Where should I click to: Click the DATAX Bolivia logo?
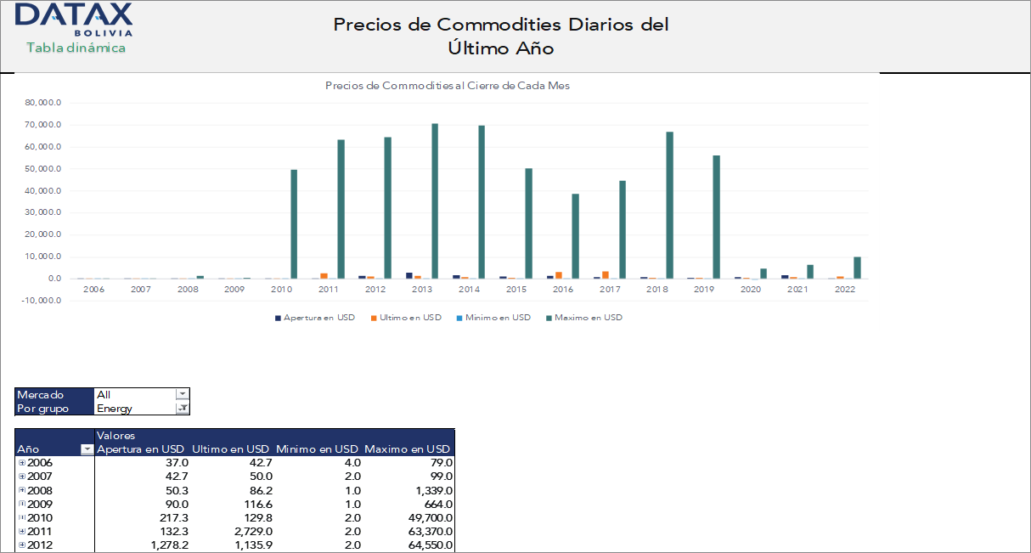[x=74, y=19]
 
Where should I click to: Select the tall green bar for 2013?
[x=435, y=200]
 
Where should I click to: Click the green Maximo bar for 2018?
[x=669, y=205]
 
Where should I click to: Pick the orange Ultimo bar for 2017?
[x=606, y=274]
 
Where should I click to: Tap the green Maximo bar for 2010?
[x=294, y=223]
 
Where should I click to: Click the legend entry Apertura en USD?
[x=315, y=318]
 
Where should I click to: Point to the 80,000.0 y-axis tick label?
[x=42, y=103]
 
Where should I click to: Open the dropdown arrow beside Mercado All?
[x=182, y=394]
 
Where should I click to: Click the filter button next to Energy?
[x=182, y=409]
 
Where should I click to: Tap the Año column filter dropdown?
[x=86, y=449]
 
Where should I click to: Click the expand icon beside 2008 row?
[x=22, y=491]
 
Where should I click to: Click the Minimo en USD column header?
[x=317, y=449]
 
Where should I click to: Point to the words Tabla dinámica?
[x=76, y=48]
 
